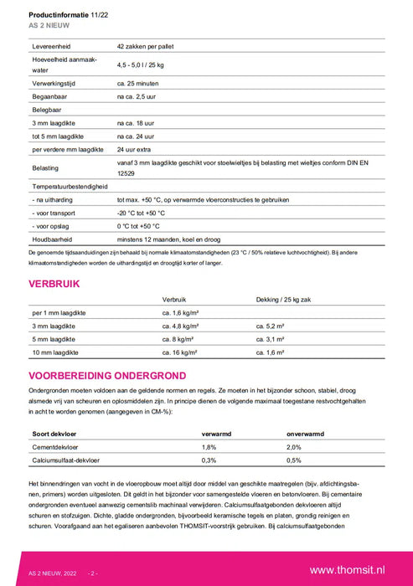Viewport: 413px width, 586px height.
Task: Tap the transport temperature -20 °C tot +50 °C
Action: point(146,213)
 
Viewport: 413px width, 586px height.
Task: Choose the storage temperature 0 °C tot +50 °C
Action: point(143,226)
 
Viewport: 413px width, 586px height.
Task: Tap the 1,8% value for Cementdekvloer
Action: point(209,448)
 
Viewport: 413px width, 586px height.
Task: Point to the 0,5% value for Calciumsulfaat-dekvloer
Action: point(294,460)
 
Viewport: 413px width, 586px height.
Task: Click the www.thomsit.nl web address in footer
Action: point(347,569)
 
